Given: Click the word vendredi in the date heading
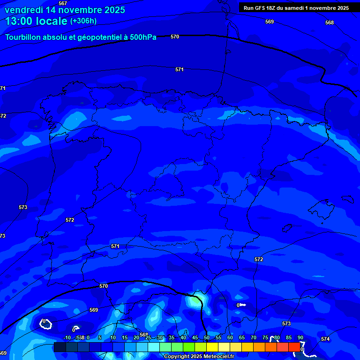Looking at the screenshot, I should (24, 10).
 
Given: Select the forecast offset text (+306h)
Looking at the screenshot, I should (83, 21).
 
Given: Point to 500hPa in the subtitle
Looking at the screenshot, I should (143, 37).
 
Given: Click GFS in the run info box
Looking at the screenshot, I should (262, 8).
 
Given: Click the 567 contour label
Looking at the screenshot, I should (63, 3).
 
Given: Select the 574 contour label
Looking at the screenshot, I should (325, 339).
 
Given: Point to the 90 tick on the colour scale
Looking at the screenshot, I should (300, 337).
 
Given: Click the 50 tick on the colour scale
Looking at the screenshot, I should (206, 337).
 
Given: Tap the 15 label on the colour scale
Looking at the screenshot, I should (125, 337).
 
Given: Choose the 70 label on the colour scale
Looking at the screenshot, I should (254, 337).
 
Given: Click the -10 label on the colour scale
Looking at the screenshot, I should (67, 337).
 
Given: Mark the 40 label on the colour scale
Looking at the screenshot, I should (183, 337).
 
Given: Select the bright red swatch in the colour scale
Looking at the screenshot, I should (294, 347).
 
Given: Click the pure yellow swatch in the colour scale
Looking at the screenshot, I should (212, 347).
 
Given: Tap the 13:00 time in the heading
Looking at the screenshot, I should (20, 22).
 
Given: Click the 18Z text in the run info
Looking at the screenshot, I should (275, 8).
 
